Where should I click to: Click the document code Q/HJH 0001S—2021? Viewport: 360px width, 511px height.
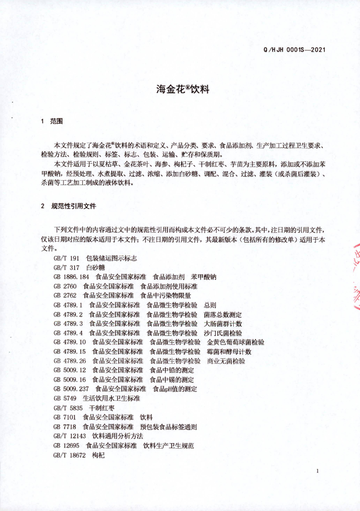(295, 50)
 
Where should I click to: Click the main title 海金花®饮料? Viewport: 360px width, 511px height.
(182, 90)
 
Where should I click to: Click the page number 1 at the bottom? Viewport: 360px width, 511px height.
(317, 471)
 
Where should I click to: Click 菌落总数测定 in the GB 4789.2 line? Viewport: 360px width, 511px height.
(223, 314)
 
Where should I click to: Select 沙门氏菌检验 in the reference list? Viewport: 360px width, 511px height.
(223, 333)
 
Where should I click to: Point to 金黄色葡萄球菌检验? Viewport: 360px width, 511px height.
(236, 342)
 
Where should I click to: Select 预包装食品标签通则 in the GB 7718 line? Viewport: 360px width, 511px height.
(169, 427)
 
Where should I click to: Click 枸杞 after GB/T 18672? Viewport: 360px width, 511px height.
(98, 455)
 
